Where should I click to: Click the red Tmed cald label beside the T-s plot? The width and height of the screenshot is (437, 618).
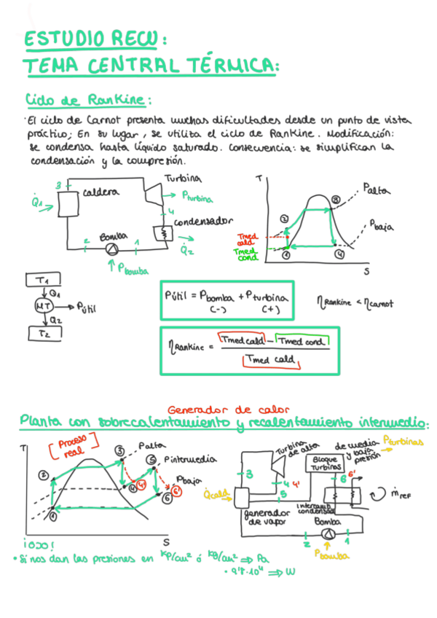246,239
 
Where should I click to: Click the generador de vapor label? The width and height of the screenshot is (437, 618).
262,517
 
